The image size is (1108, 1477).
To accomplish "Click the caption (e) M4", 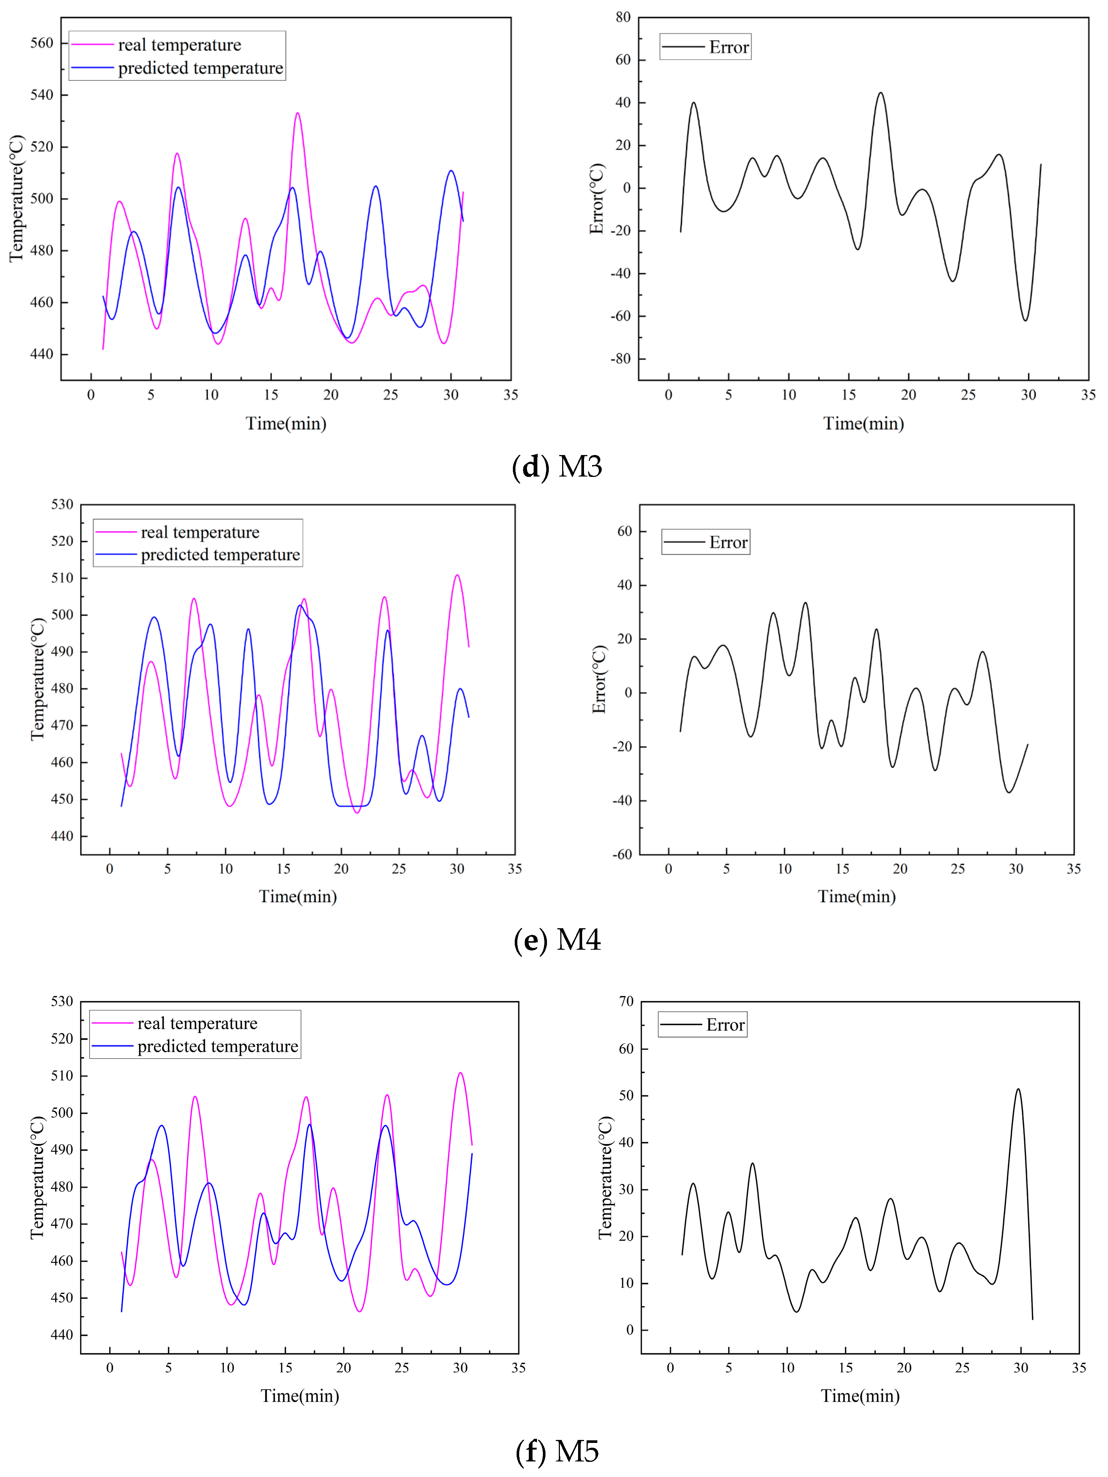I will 557,940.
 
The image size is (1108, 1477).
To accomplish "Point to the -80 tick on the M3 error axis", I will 620,359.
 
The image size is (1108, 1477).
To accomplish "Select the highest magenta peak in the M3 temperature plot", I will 297,113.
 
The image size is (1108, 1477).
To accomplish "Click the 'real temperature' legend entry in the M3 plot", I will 179,45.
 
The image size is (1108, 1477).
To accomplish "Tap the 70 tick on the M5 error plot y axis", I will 626,1002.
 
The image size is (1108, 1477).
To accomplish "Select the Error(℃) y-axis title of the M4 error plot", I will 600,679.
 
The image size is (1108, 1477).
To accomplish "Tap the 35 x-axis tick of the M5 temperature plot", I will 518,1367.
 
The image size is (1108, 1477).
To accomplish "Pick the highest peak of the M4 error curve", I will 805,603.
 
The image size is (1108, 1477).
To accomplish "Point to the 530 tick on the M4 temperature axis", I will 62,504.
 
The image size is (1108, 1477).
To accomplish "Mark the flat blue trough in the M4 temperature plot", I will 353,806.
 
